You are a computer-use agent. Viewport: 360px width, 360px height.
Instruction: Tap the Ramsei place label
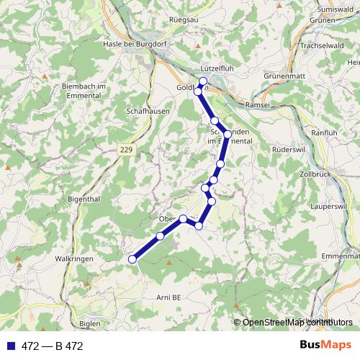click(258, 104)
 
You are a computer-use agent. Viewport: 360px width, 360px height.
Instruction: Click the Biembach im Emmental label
click(84, 91)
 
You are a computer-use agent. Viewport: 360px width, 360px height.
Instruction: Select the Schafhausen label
click(148, 112)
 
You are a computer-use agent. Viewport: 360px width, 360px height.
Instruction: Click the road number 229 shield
click(127, 148)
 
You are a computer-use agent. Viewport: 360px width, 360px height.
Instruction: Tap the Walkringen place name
click(76, 257)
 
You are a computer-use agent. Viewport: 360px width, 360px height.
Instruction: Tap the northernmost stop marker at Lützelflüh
click(203, 81)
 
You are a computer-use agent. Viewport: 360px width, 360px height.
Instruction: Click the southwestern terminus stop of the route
click(132, 259)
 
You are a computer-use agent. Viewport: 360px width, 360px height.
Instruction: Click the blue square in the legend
click(10, 346)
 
